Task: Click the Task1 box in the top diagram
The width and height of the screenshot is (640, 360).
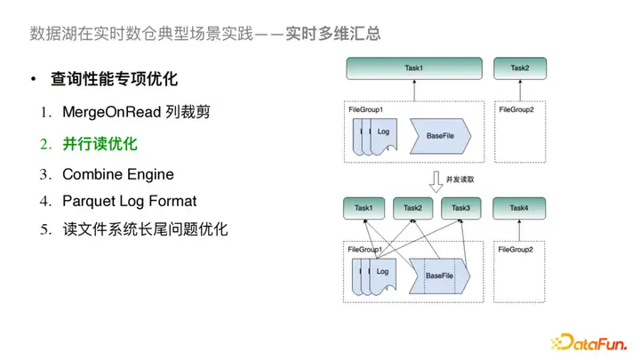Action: (414, 68)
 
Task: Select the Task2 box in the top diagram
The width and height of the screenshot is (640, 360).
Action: (520, 68)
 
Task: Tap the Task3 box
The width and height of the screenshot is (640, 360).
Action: (460, 209)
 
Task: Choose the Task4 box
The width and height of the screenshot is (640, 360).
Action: (520, 209)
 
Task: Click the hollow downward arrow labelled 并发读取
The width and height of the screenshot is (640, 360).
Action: (435, 182)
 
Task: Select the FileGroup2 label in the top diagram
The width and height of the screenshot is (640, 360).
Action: (516, 109)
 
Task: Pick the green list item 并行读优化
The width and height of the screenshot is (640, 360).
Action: (100, 143)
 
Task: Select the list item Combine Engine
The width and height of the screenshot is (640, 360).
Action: (118, 173)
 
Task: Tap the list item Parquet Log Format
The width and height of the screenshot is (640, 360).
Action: (130, 201)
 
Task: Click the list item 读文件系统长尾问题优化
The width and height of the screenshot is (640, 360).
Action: (146, 229)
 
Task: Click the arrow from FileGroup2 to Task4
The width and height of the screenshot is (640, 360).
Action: (520, 229)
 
